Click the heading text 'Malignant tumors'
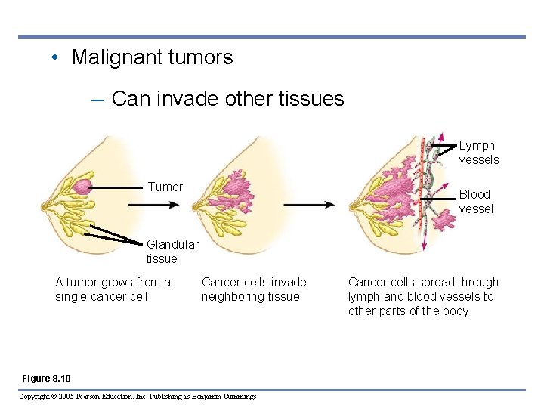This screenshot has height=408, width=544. (152, 57)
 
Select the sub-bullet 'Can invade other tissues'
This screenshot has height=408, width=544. (227, 98)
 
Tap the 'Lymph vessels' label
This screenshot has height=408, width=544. (479, 152)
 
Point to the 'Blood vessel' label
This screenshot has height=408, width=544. (476, 202)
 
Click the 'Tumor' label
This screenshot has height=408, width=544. (165, 187)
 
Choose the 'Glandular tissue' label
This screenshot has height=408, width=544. (172, 252)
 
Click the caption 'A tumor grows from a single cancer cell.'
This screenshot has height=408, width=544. (113, 289)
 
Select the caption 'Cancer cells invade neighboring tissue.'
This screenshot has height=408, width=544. (254, 289)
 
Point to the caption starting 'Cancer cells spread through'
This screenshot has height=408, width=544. (423, 296)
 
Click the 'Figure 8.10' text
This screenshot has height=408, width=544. (46, 378)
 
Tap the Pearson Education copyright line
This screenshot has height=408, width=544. (137, 397)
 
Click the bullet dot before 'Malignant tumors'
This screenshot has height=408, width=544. (57, 57)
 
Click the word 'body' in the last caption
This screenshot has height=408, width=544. (457, 311)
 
